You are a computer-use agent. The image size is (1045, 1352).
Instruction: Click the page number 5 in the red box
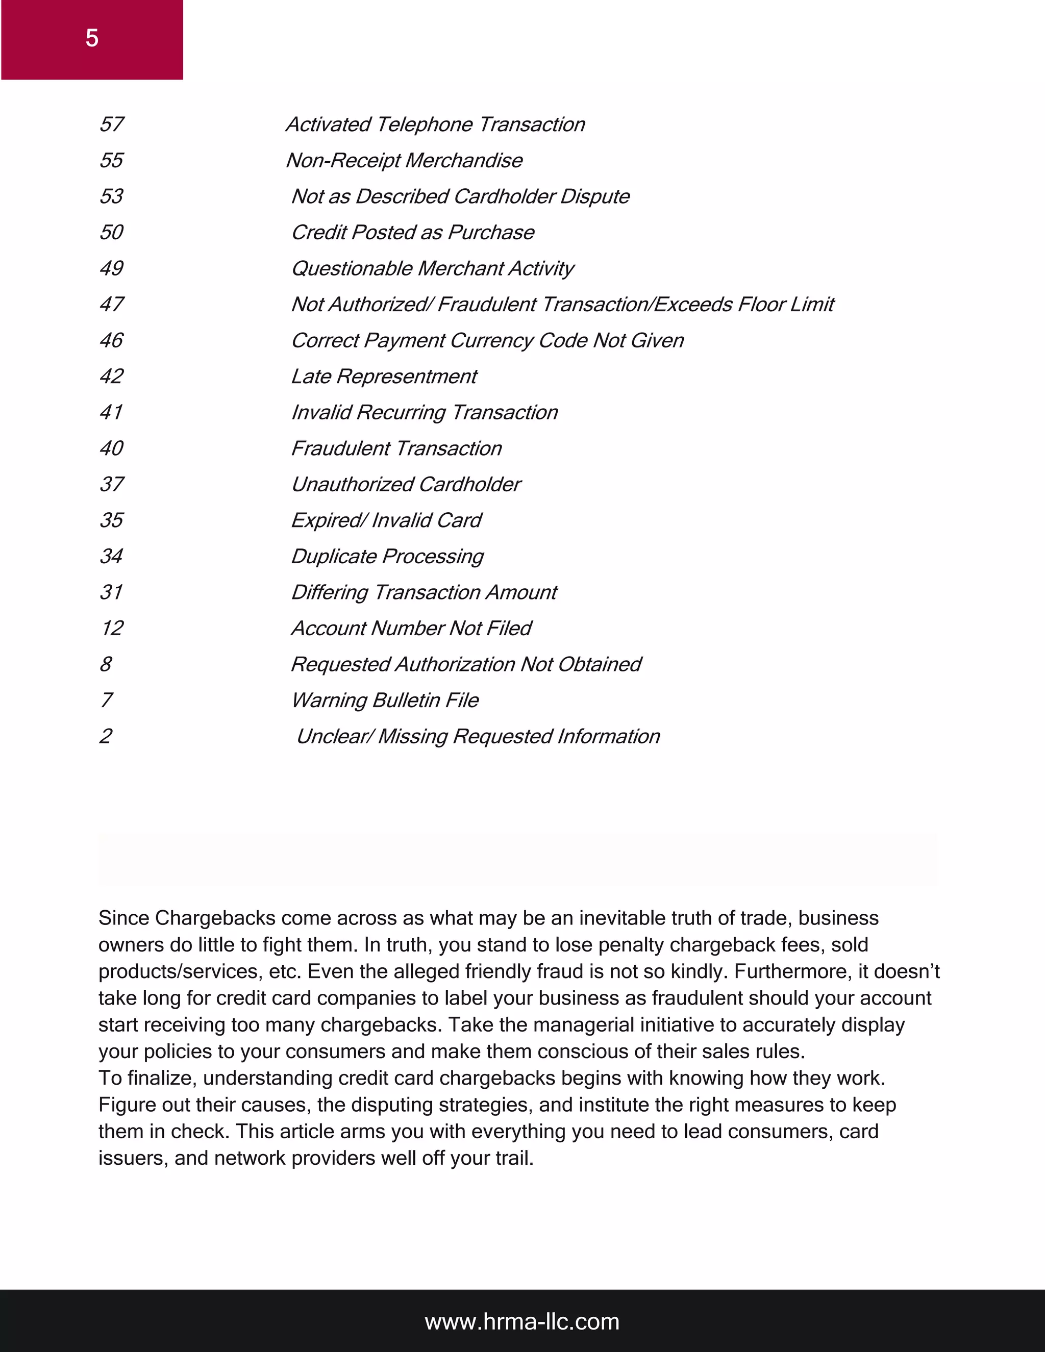click(92, 39)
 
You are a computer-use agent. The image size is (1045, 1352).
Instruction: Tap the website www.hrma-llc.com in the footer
click(522, 1322)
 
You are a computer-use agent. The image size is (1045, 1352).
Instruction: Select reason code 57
click(111, 124)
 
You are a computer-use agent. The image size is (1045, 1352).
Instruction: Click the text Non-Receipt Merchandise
click(404, 160)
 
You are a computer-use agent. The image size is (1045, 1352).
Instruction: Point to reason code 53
click(111, 196)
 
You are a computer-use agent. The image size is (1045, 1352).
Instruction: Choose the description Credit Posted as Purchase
click(412, 232)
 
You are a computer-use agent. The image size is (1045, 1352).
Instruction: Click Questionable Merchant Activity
click(432, 268)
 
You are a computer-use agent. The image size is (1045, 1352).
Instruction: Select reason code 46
click(111, 340)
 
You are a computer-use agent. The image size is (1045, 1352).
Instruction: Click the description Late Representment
click(384, 376)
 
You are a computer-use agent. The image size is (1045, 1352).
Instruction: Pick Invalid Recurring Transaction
click(424, 412)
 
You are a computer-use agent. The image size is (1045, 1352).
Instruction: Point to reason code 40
click(111, 447)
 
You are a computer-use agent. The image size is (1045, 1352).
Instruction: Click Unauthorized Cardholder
click(406, 484)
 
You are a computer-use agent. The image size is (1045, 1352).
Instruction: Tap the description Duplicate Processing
click(387, 556)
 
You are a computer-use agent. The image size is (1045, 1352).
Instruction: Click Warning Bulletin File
click(384, 699)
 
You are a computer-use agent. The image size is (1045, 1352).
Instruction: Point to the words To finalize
click(147, 1078)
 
